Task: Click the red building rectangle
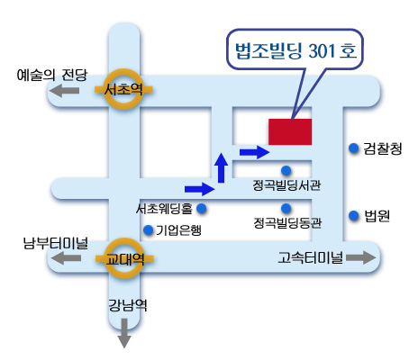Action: coord(290,131)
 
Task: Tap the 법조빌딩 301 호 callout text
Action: coord(295,50)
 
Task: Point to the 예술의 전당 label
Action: coord(52,75)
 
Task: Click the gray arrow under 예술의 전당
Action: coord(65,90)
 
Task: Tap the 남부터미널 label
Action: coord(56,243)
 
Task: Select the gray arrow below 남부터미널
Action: coord(66,257)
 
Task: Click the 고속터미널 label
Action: coord(311,257)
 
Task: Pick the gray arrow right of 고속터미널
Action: coord(361,257)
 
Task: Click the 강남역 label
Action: coord(127,305)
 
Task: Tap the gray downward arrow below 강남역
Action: coord(124,333)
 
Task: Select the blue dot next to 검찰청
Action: coord(354,148)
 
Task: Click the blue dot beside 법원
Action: coord(354,215)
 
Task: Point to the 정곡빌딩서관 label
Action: coord(286,185)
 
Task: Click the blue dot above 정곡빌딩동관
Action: coord(286,208)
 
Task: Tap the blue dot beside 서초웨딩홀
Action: coord(202,208)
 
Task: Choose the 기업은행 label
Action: coord(178,230)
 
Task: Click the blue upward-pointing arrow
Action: coord(222,167)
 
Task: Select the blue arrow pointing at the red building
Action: coord(254,152)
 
